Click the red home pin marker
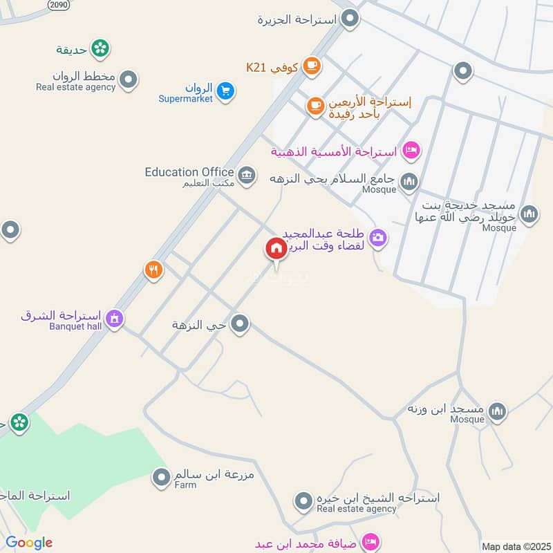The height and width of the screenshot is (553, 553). [x=276, y=249]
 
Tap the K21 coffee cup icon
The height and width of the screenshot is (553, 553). [x=312, y=67]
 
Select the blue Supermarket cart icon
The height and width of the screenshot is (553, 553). [x=225, y=91]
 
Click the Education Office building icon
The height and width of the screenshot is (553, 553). [x=247, y=173]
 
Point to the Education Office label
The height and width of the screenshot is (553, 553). [x=189, y=172]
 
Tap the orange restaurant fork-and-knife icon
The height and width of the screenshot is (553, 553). [x=153, y=270]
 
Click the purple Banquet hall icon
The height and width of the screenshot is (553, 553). [x=115, y=319]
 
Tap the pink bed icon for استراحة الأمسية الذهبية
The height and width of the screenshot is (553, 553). [x=411, y=149]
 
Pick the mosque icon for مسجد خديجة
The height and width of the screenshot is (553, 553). [x=529, y=214]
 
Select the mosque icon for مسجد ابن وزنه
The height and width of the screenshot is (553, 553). [x=497, y=412]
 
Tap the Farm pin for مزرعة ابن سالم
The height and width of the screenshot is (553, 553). [x=161, y=477]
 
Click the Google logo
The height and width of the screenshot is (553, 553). [x=29, y=543]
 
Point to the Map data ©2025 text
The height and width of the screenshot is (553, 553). [x=515, y=546]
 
